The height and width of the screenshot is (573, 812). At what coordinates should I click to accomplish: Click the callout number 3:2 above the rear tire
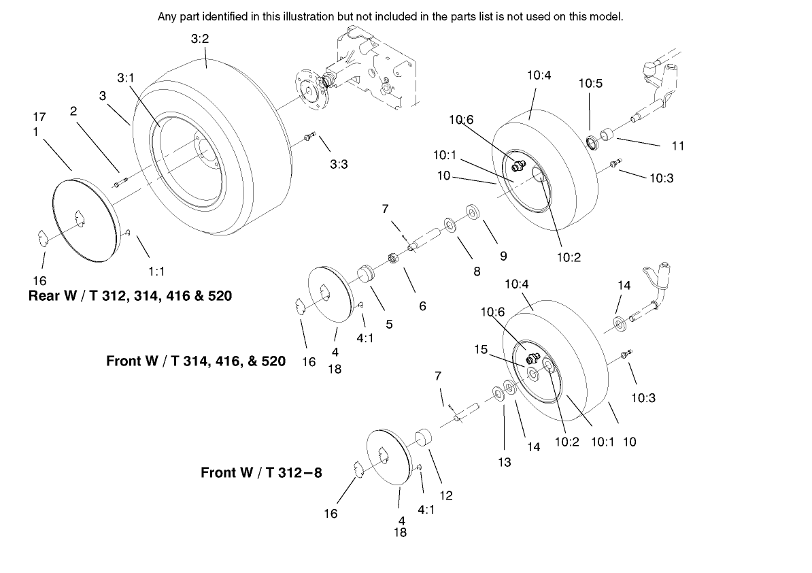coord(199,39)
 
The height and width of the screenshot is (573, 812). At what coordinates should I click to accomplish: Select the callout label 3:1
coord(125,78)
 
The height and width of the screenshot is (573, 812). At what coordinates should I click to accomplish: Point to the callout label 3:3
coord(339,164)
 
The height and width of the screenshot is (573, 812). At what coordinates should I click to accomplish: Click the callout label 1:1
coord(156,271)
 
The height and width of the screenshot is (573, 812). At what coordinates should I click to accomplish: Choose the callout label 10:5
coord(590,84)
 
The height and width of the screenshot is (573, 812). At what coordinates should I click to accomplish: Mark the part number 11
coord(677,145)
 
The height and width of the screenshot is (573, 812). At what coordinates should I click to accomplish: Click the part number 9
coord(503,257)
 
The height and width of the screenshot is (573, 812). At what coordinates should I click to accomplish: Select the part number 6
coord(422,306)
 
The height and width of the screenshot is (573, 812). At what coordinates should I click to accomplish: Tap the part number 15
coord(481,349)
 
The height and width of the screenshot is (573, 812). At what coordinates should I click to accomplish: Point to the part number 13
coord(504,462)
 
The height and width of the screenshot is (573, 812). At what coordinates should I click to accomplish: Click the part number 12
coord(446,495)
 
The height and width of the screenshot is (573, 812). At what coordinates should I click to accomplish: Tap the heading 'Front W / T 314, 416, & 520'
coord(196,361)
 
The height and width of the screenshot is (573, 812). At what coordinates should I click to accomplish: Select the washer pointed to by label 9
coord(471,210)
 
